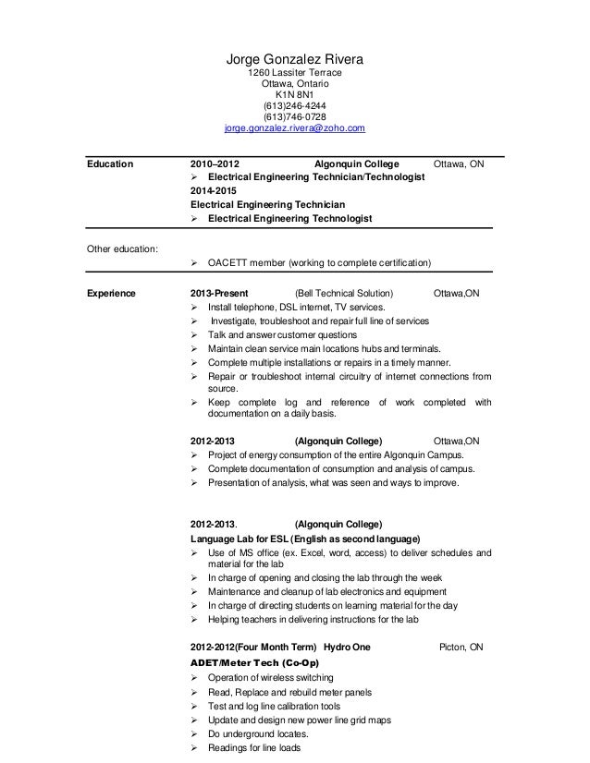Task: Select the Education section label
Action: tap(109, 164)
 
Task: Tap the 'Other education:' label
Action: tap(121, 248)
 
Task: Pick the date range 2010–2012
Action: tap(213, 164)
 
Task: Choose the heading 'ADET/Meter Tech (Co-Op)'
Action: tap(254, 662)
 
